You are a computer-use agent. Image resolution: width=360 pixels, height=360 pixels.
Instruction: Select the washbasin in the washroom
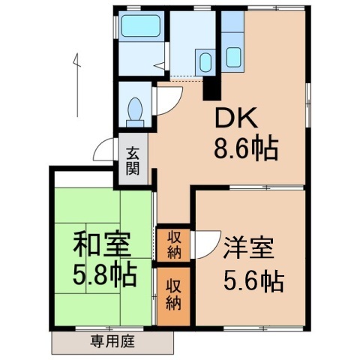(x=204, y=60)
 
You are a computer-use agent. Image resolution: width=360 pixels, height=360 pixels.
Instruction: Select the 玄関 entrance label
(x=133, y=160)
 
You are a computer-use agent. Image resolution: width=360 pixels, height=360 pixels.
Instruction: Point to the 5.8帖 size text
(x=105, y=275)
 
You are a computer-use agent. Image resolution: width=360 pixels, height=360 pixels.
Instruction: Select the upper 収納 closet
(x=173, y=244)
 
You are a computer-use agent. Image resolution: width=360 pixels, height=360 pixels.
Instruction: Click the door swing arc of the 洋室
(x=202, y=244)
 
